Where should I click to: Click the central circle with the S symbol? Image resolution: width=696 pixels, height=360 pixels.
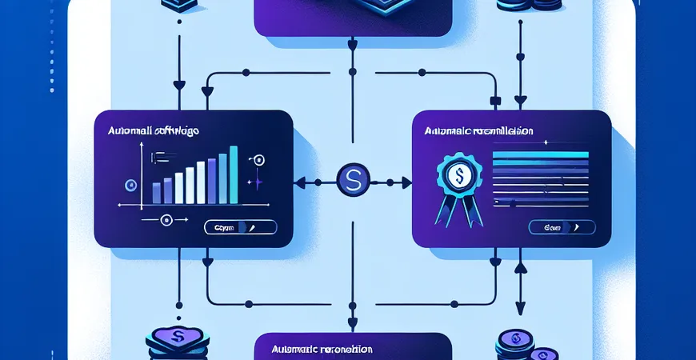[x=349, y=181]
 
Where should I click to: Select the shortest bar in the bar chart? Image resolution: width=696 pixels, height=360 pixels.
[x=157, y=192]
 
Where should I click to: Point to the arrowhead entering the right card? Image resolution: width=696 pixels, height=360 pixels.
[x=405, y=182]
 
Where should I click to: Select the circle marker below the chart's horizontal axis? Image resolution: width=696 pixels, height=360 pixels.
[x=166, y=219]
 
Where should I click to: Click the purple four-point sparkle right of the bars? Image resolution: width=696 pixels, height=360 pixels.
[x=258, y=182]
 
